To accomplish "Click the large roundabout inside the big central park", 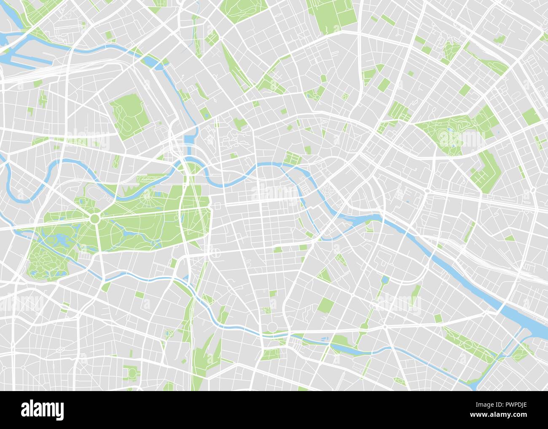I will pos(94,218).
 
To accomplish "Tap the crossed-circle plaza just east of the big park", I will pos(215,253).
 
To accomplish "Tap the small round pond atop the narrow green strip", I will pos(385,280).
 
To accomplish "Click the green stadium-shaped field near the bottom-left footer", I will pos(131,373).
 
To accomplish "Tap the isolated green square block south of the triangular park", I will pos(325,304).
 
